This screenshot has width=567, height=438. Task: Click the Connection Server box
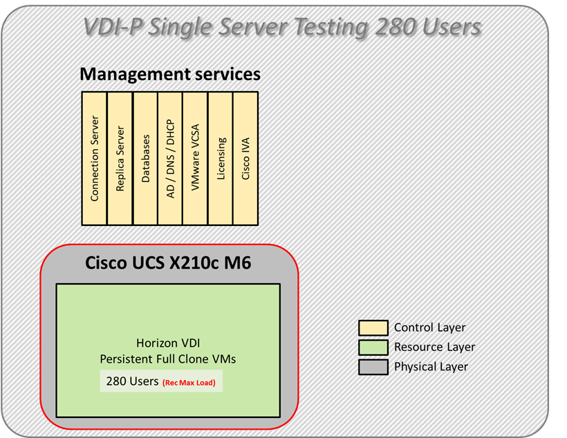[95, 158]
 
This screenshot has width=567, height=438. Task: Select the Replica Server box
[120, 158]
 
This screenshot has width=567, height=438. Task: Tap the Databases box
[145, 158]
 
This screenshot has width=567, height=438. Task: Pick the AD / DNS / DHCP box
[171, 158]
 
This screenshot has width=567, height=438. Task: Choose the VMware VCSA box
[196, 158]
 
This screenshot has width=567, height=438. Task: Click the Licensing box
[221, 158]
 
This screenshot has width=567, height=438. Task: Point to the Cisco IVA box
[245, 158]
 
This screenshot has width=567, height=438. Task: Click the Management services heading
[170, 74]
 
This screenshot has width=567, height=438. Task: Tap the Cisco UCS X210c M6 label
[169, 263]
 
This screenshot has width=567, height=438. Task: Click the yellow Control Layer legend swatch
[373, 327]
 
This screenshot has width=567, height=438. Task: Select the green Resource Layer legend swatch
[373, 347]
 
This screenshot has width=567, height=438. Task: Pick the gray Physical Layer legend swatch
[373, 367]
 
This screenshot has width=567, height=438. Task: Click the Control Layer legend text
[429, 327]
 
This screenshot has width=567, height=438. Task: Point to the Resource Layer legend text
[434, 347]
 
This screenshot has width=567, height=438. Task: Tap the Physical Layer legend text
[431, 367]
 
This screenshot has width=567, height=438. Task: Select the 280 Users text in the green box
[132, 381]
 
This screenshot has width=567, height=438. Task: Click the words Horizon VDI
[169, 343]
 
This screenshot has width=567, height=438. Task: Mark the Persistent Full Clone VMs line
[169, 359]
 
